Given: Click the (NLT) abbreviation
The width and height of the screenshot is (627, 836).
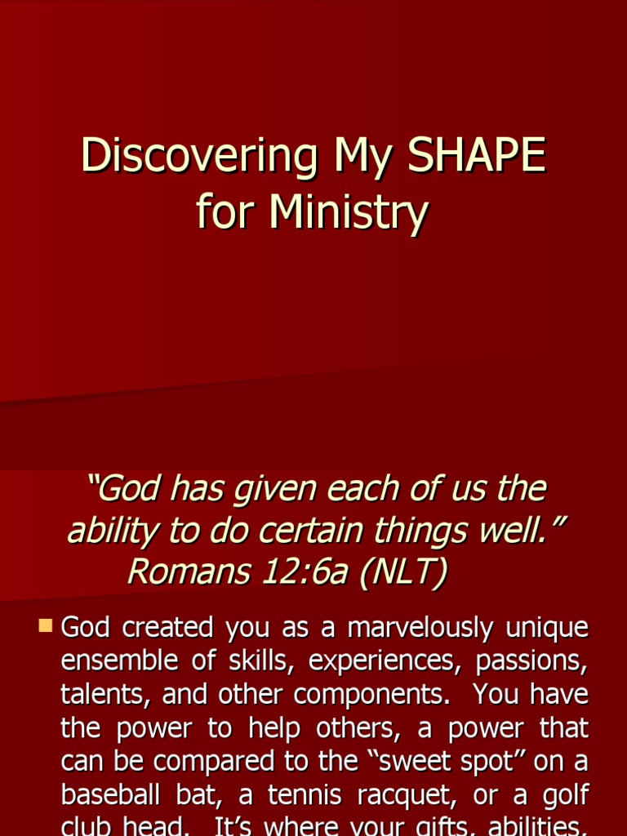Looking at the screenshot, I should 402,571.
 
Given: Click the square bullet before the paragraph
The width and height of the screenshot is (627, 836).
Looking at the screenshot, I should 45,627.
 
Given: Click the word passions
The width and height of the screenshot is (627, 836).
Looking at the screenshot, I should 531,661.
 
